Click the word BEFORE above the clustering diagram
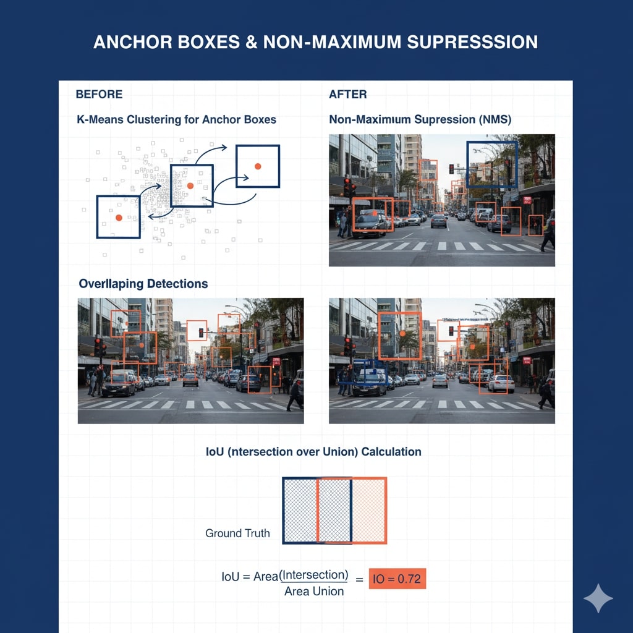point(99,95)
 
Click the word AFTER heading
point(347,95)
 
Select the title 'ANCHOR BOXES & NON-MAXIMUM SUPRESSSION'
point(315,42)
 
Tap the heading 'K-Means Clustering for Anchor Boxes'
point(176,119)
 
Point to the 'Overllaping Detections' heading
point(143,284)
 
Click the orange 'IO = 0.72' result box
point(397,579)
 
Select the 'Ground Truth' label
point(237,533)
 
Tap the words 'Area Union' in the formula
point(314,592)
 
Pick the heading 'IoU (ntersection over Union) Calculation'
point(313,452)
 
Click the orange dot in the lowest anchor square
point(119,218)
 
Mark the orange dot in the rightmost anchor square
point(258,166)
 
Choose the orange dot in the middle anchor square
point(190,185)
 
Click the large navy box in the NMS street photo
point(491,164)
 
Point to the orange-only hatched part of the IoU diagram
point(369,511)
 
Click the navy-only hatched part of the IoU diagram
point(300,511)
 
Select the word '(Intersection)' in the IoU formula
point(314,576)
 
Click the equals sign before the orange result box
point(359,579)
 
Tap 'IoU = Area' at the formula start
point(250,577)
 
